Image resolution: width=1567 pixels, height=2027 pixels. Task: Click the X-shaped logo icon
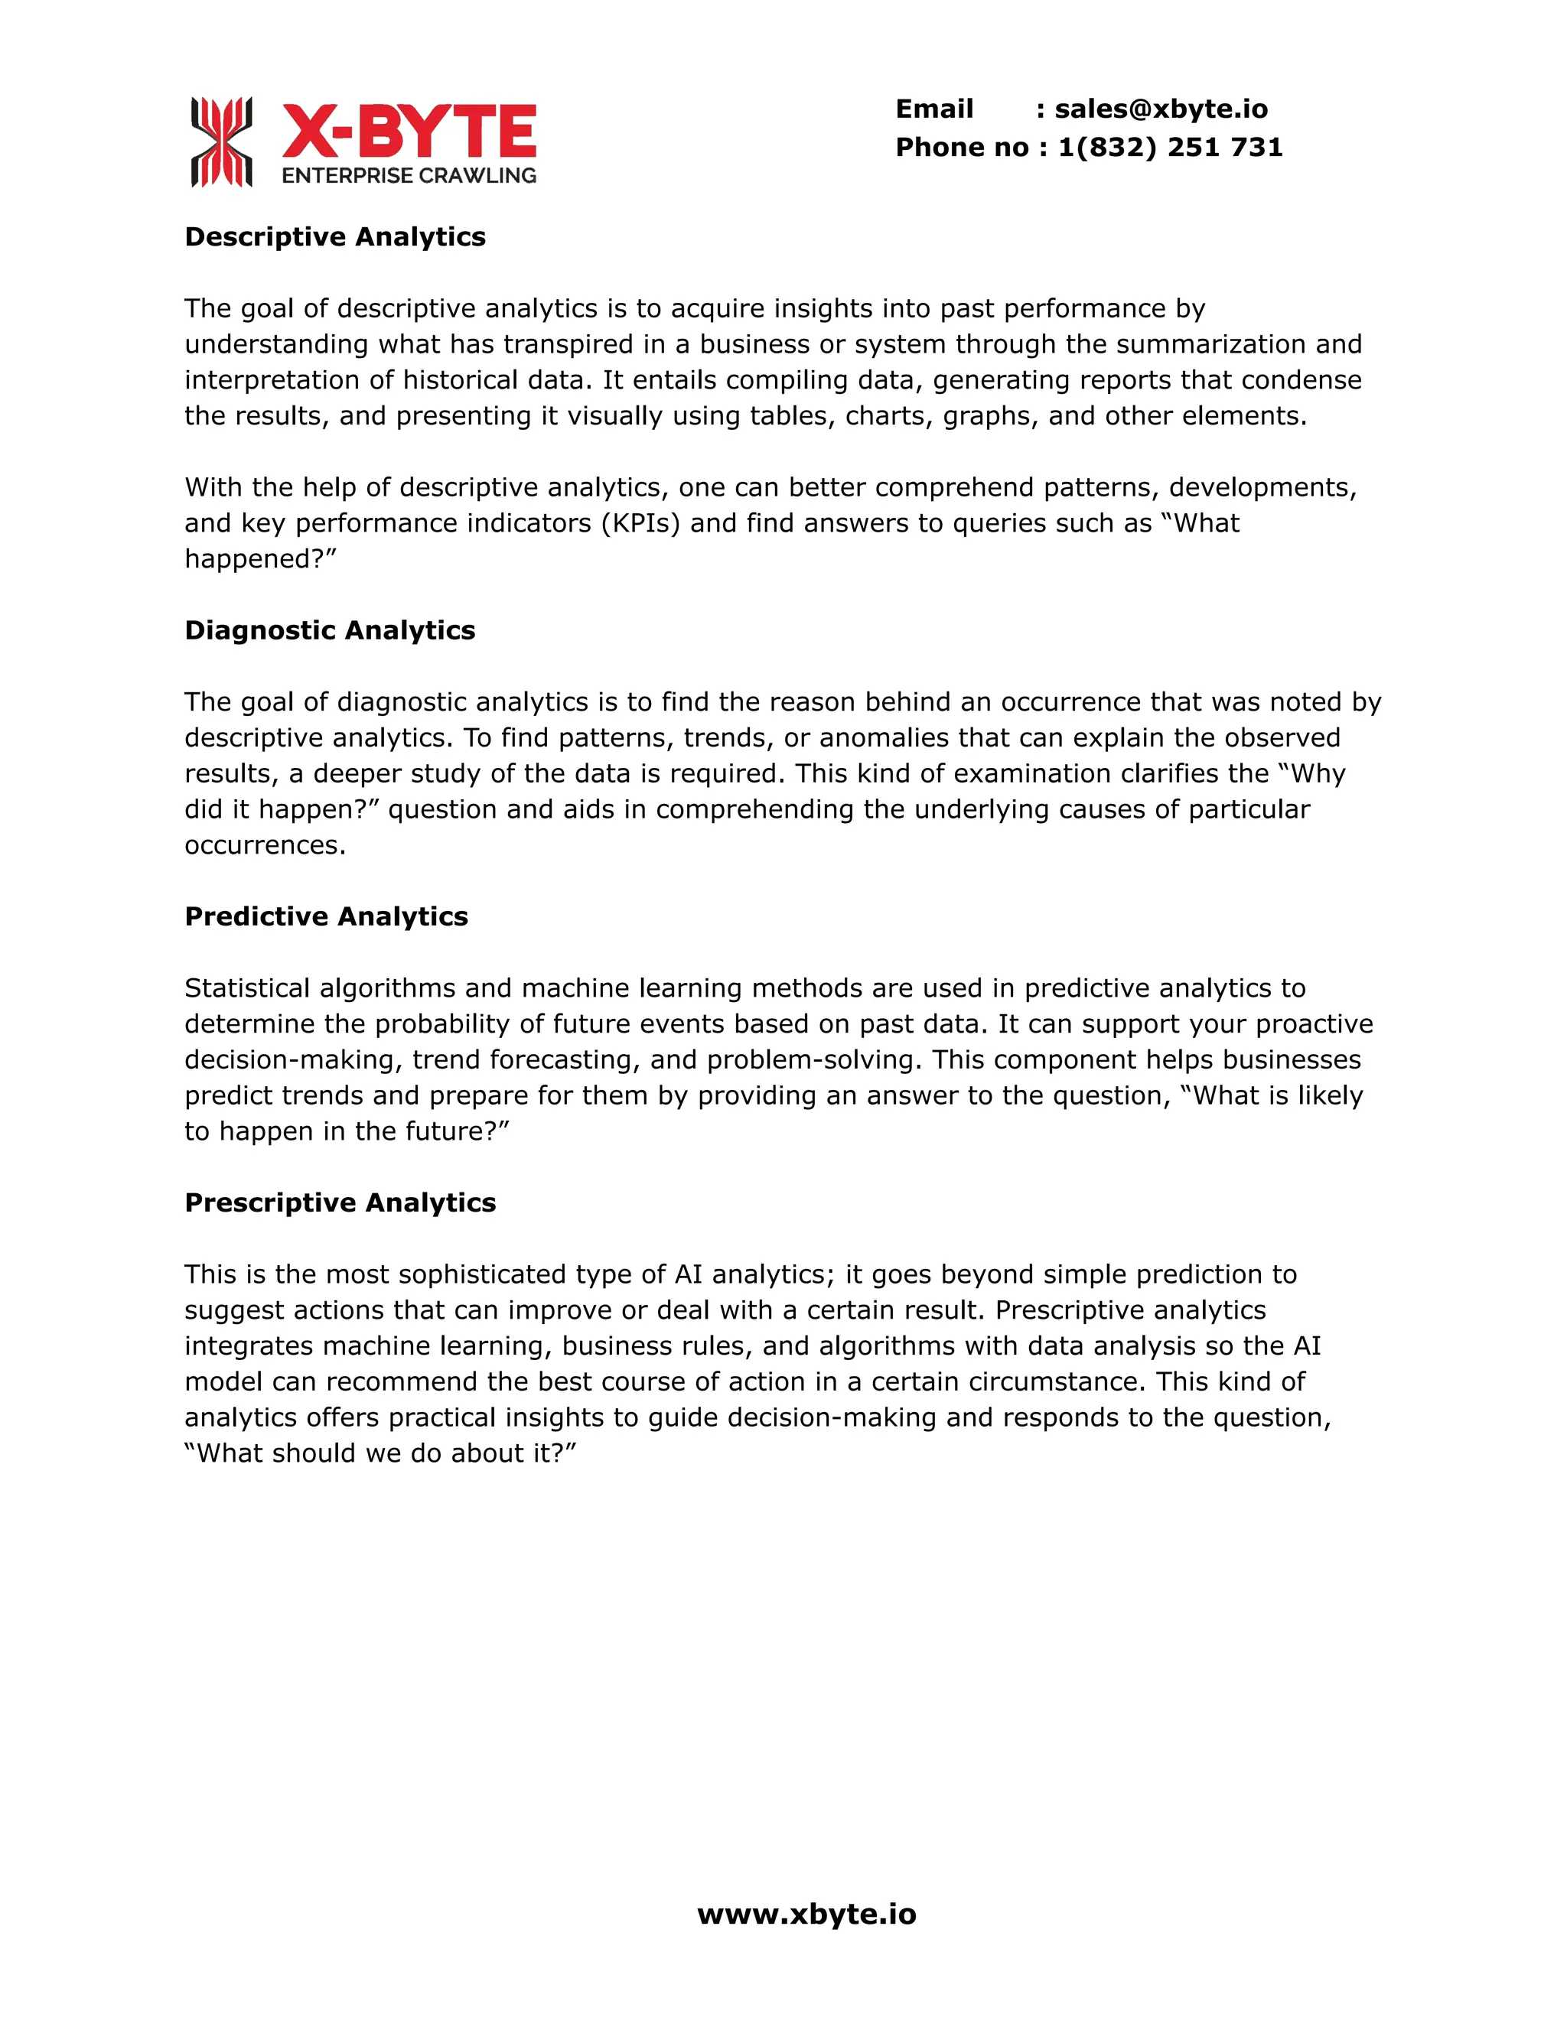[x=221, y=142]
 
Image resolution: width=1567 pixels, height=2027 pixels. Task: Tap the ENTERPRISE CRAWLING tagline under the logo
[x=409, y=175]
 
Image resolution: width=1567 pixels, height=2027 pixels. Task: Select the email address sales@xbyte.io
[x=1161, y=109]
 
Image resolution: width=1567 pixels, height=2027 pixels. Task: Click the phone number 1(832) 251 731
[x=1170, y=148]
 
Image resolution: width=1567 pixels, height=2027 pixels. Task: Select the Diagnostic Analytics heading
[x=330, y=631]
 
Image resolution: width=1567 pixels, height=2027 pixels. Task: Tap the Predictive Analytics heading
[x=326, y=917]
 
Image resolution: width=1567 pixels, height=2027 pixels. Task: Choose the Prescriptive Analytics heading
[x=340, y=1203]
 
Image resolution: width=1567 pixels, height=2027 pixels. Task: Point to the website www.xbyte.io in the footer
[x=806, y=1914]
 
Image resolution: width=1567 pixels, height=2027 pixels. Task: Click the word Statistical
[x=247, y=988]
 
